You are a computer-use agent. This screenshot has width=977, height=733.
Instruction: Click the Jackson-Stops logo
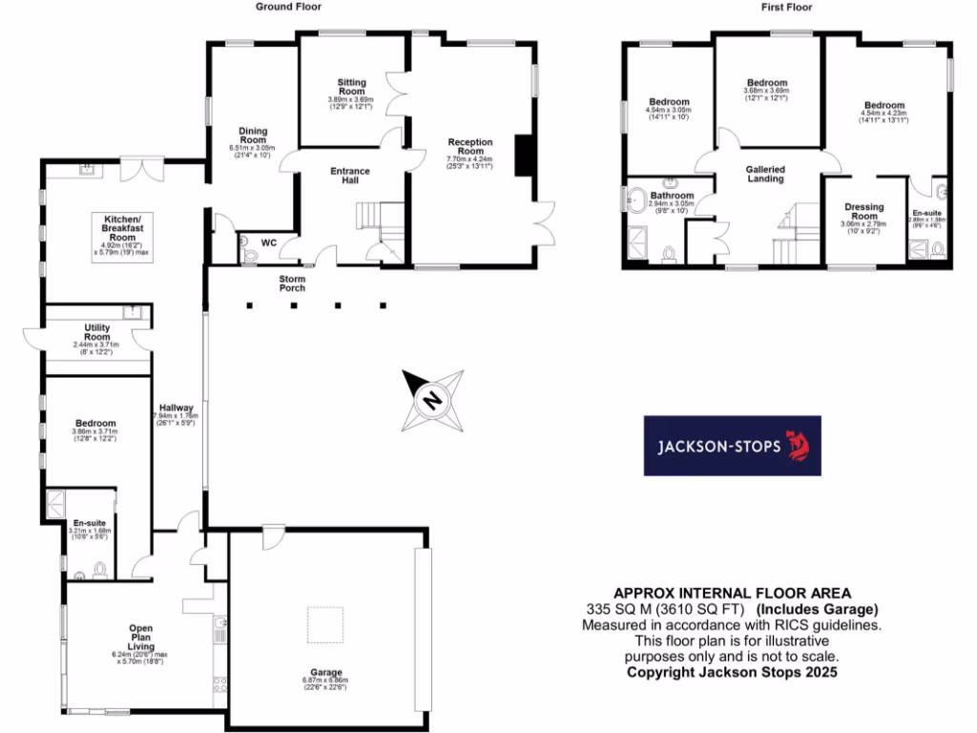tap(732, 446)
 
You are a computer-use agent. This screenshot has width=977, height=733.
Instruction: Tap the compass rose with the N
tap(432, 398)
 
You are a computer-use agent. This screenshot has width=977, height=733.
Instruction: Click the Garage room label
tap(325, 672)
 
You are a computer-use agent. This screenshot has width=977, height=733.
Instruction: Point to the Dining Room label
tap(253, 136)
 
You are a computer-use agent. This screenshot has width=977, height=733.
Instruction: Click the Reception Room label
tap(470, 147)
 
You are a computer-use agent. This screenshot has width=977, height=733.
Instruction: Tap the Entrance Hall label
tap(350, 177)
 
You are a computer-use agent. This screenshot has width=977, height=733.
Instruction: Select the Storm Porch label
tap(292, 283)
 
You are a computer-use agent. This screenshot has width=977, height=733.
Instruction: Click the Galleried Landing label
tap(764, 174)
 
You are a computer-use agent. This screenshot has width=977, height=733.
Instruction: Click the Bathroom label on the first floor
tap(672, 195)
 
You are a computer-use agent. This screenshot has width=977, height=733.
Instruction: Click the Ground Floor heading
tap(285, 7)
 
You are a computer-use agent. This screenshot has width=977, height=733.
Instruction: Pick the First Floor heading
tap(786, 7)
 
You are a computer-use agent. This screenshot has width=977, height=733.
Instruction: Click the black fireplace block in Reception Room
tap(521, 157)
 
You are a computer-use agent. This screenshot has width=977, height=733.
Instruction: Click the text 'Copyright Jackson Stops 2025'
tap(732, 672)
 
